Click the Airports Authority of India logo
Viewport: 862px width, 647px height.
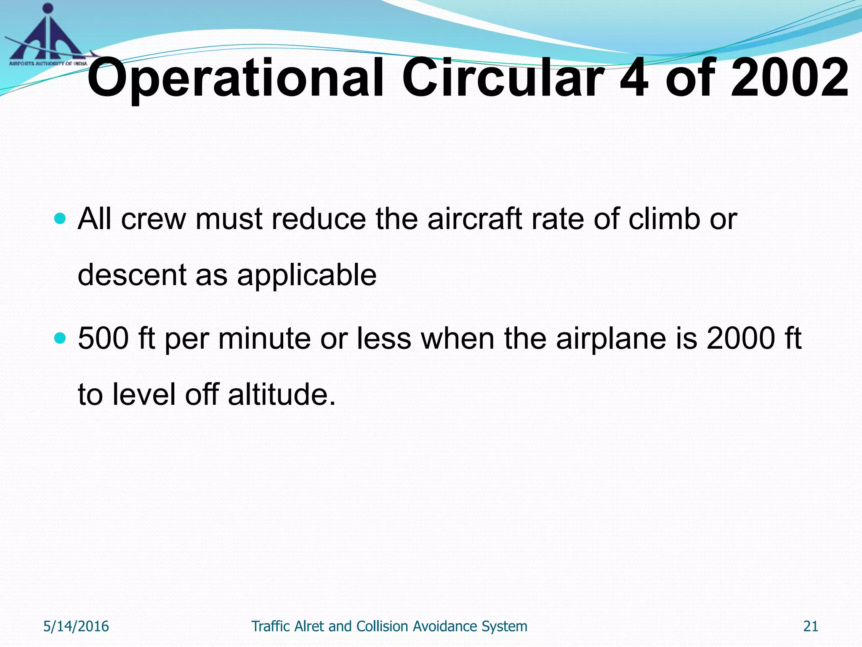47,36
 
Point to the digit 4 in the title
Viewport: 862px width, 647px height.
634,78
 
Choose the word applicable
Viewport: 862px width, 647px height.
306,275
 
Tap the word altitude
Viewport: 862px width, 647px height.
282,394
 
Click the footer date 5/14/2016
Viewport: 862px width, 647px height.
76,626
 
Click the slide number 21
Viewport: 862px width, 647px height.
811,626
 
